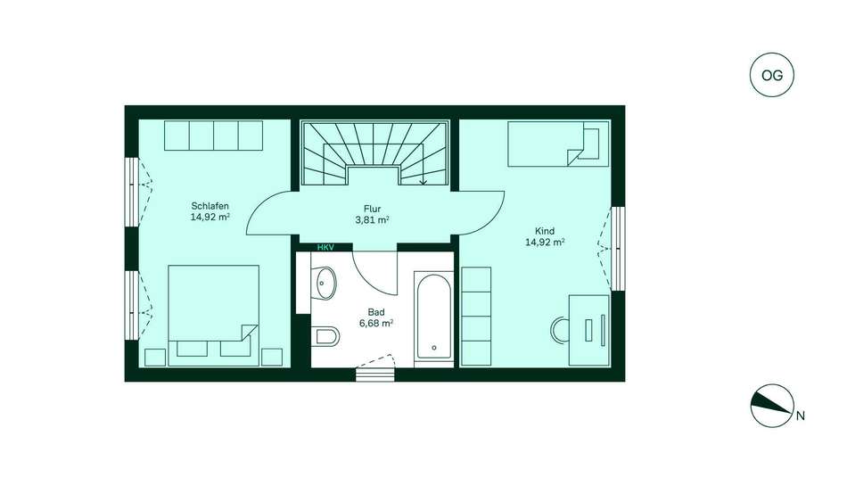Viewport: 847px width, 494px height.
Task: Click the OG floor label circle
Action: (772, 75)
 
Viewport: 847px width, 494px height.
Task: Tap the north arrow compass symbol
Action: (772, 406)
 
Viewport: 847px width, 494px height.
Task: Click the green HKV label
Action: (325, 248)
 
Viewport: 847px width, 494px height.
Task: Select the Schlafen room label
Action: (210, 206)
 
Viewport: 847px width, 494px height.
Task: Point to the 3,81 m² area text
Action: (373, 220)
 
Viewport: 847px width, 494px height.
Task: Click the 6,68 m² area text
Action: (376, 323)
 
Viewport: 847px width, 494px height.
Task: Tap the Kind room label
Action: (545, 231)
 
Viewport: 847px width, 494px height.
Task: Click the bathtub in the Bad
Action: (434, 317)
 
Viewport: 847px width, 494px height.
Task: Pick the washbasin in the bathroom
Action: (325, 283)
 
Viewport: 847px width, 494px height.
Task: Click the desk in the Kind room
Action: (588, 330)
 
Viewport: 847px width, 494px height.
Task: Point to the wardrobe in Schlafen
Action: (213, 136)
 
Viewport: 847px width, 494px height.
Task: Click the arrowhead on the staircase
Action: (423, 182)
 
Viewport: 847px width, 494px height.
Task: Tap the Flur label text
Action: (372, 209)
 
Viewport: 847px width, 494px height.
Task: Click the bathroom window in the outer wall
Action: (374, 375)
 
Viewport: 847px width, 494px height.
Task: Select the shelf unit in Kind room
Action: (476, 317)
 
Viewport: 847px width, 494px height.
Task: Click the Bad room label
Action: (376, 312)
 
